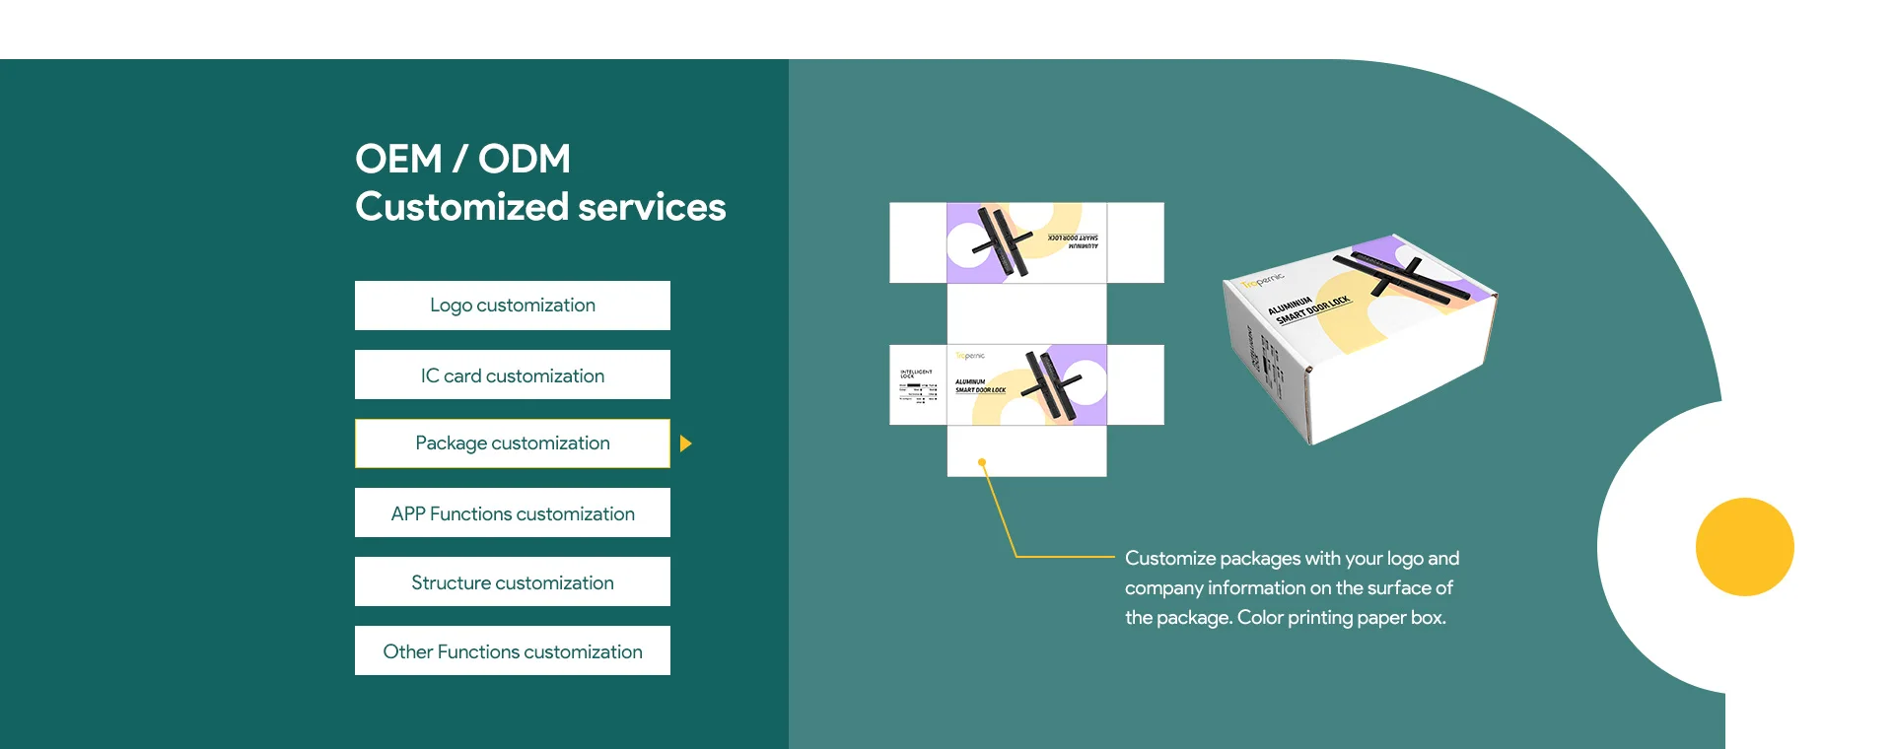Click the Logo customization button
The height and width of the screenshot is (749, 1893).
pos(512,306)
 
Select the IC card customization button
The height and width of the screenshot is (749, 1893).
pos(512,375)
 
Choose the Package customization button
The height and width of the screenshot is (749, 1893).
pos(512,443)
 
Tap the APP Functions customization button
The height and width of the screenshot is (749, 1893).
pos(512,513)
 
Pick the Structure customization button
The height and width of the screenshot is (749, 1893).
pos(512,582)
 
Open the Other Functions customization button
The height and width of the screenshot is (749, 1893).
pos(512,651)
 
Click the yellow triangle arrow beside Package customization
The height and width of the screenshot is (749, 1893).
pos(685,443)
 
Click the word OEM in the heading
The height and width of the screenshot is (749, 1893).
pos(398,160)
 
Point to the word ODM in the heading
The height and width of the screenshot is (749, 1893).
pos(525,160)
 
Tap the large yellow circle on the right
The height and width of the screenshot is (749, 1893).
pos(1744,547)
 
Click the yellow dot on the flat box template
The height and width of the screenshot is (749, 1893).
pos(982,462)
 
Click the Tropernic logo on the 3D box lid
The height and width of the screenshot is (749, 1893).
pos(1263,281)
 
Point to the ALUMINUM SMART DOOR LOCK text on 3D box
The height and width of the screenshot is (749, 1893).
pos(1309,306)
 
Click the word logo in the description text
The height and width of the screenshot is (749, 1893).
pos(1405,559)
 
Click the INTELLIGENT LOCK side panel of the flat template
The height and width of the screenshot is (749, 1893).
pos(918,385)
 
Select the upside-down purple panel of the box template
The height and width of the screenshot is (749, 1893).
pos(1025,242)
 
